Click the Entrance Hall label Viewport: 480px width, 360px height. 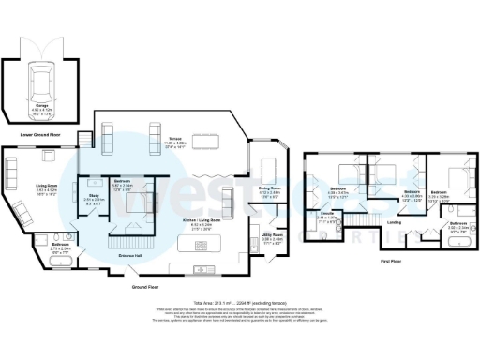point(130,253)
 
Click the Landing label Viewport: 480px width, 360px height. point(393,222)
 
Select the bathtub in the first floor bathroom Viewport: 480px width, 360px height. point(458,242)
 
